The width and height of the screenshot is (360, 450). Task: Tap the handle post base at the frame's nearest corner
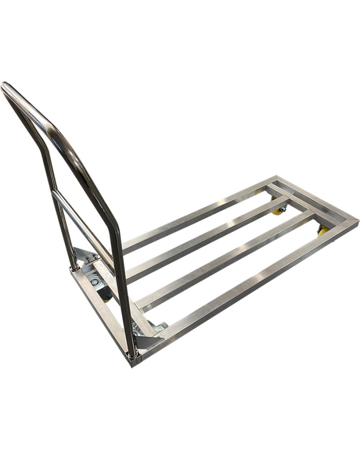coord(132,355)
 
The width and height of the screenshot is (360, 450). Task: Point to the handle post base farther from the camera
coord(74,268)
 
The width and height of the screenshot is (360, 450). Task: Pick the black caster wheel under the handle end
coord(107,295)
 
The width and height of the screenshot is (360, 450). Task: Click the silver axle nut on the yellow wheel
coord(283,209)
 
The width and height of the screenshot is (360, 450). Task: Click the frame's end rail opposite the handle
coord(317,200)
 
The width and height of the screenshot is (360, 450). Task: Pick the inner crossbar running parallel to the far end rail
coord(288,198)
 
